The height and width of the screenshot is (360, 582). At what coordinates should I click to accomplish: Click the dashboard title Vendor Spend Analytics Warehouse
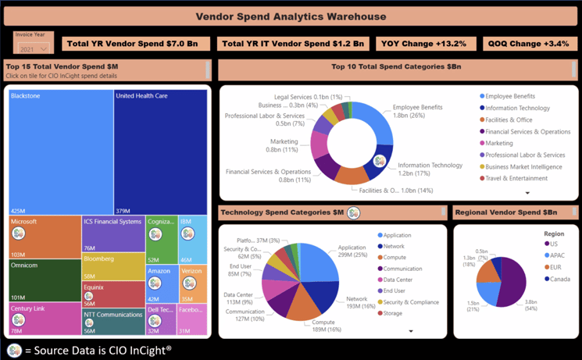click(x=290, y=16)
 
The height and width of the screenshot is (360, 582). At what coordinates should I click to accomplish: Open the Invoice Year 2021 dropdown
click(x=33, y=48)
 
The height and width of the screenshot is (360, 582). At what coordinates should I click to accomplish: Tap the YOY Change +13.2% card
click(x=426, y=44)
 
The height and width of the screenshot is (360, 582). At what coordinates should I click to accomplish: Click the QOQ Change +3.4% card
click(x=529, y=44)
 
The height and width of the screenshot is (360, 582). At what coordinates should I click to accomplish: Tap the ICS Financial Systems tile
click(x=112, y=233)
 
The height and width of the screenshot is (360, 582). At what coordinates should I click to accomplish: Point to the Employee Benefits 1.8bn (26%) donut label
click(x=417, y=112)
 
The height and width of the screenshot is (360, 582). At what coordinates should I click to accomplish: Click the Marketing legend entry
click(x=499, y=144)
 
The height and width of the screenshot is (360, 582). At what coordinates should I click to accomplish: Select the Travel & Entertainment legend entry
click(x=516, y=179)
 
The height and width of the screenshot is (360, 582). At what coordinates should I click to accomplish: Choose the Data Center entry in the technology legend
click(x=400, y=280)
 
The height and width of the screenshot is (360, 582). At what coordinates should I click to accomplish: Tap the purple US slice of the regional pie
click(x=513, y=281)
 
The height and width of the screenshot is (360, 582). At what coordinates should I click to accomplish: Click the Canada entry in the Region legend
click(x=560, y=279)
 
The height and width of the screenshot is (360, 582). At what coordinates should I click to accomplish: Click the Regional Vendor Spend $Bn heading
click(x=505, y=212)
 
